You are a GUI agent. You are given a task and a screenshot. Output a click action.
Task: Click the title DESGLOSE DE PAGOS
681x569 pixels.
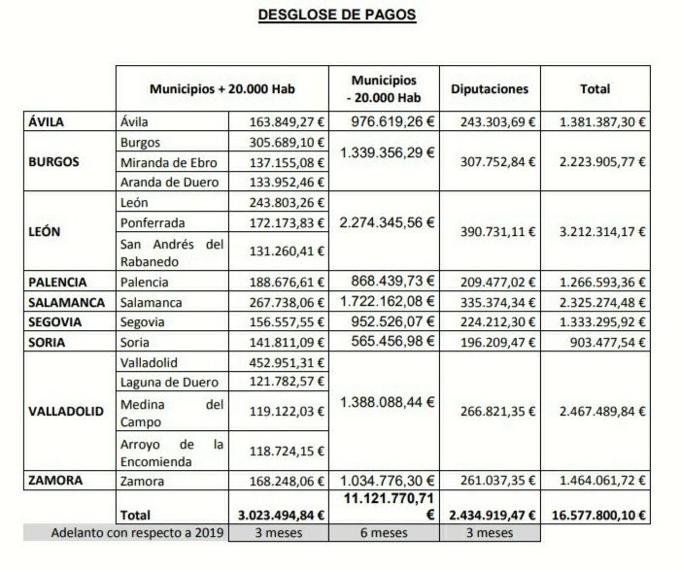[x=337, y=16]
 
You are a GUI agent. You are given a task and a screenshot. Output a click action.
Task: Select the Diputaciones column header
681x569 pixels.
[x=490, y=89]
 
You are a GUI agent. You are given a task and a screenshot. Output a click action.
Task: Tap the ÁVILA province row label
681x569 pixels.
[x=47, y=122]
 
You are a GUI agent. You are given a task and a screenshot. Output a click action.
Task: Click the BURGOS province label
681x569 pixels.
[x=54, y=162]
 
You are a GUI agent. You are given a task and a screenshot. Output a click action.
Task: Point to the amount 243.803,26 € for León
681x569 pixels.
[x=279, y=202]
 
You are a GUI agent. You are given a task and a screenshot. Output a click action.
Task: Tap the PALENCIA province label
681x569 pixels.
[x=57, y=283]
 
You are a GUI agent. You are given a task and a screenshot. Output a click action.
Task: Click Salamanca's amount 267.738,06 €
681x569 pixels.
[x=279, y=302]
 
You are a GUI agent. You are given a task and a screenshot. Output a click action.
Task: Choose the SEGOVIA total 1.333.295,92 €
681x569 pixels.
[x=603, y=322]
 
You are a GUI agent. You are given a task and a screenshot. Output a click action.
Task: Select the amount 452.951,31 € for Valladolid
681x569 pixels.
[x=279, y=362]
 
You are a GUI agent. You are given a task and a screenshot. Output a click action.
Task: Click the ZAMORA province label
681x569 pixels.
[x=55, y=481]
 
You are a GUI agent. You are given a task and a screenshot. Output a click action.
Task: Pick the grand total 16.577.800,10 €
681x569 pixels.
[x=603, y=515]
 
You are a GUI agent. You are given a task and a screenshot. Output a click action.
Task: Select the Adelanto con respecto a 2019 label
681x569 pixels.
[x=126, y=533]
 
